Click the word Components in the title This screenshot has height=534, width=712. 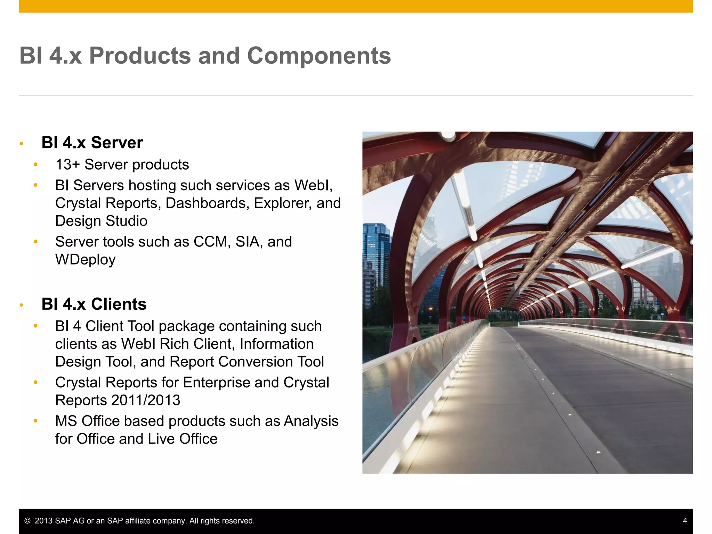point(319,56)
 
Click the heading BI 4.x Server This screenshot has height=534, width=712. point(92,143)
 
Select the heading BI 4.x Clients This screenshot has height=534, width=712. point(94,304)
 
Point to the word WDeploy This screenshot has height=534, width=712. point(85,260)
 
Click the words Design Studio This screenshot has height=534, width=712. point(101,221)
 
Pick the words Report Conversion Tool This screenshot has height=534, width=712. point(246,362)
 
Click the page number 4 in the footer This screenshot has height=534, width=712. point(685,521)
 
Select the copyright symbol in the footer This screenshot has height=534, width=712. point(27,521)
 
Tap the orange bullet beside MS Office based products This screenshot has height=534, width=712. point(35,421)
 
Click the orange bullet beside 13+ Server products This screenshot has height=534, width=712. point(35,164)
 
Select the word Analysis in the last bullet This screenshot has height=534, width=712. point(311,421)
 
